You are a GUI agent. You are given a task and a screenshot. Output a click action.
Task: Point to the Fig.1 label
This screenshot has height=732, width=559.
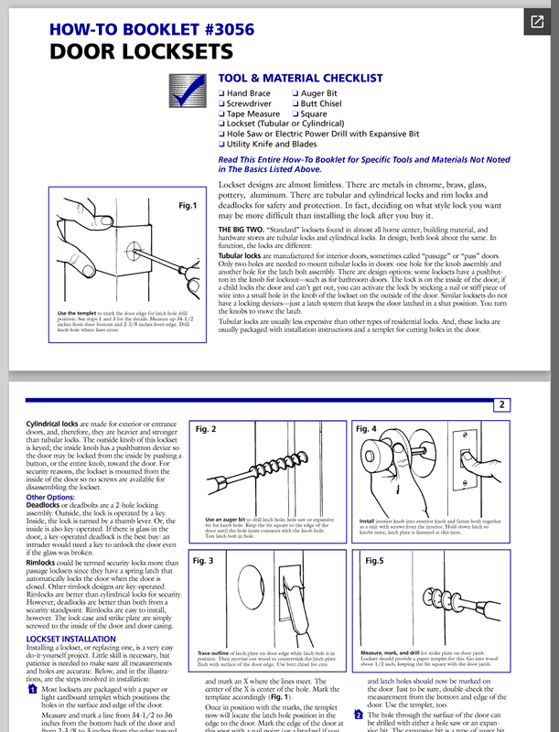coord(189,206)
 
